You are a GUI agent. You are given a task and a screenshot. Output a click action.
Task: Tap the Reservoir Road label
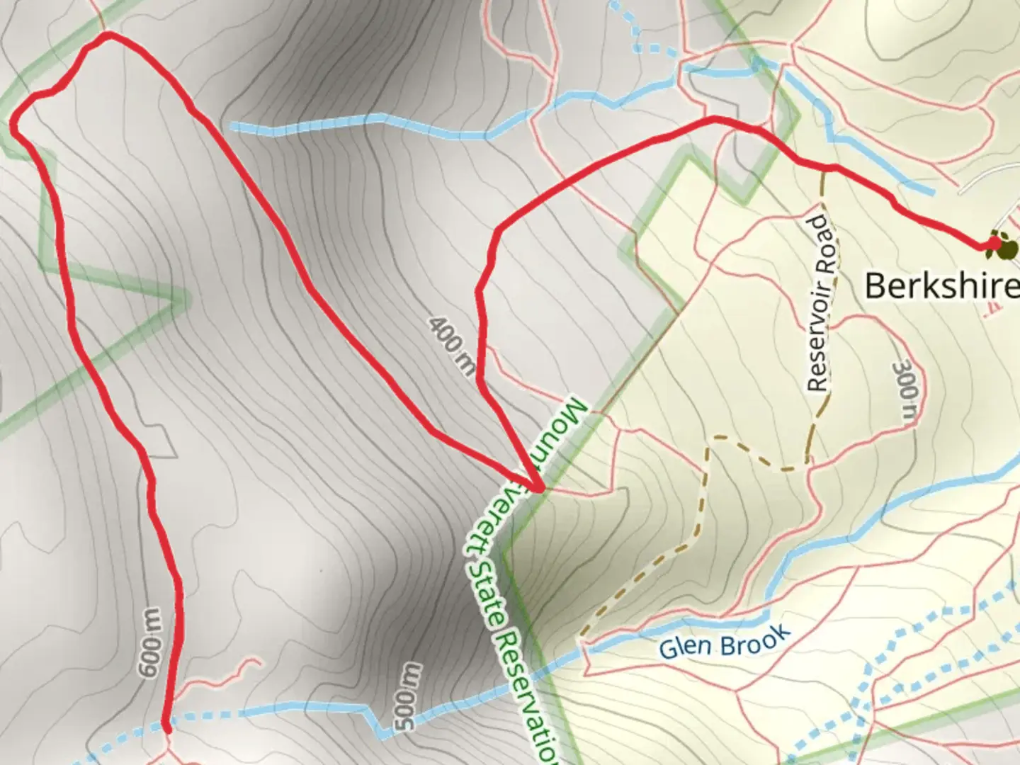tap(820, 303)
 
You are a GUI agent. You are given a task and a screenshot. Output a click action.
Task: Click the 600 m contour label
tap(150, 642)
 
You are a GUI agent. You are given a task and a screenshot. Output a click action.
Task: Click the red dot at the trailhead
tap(993, 244)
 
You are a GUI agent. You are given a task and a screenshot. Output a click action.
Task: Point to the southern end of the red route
tap(166, 727)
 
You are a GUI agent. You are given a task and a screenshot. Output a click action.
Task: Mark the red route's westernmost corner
tap(14, 126)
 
